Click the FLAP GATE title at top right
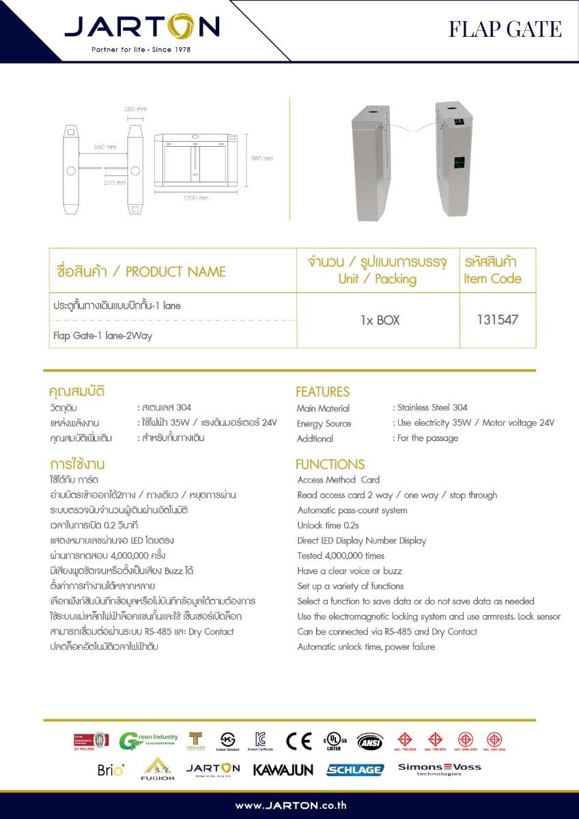(505, 29)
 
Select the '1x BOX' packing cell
(380, 319)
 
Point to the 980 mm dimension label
(262, 158)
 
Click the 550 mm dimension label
(104, 147)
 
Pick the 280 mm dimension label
(136, 109)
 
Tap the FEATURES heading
(322, 392)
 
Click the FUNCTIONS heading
(330, 464)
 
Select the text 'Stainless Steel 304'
(432, 407)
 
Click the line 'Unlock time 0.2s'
(328, 525)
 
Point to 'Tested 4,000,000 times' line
(341, 556)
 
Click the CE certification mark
(298, 741)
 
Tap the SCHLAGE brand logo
(355, 769)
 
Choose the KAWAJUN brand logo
(283, 769)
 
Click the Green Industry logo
(148, 741)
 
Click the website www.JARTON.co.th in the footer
(290, 805)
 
